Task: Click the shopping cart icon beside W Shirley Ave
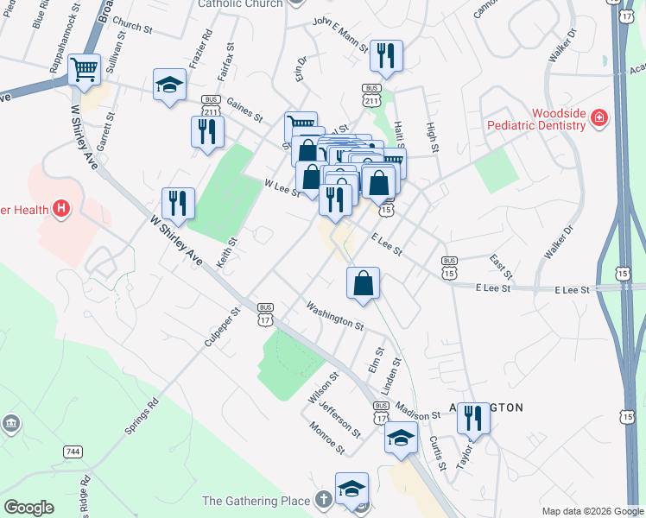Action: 84,69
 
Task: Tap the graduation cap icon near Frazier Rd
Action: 169,85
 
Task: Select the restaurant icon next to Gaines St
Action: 207,131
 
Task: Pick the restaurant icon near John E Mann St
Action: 385,56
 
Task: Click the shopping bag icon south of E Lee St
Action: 364,282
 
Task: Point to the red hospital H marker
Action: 60,208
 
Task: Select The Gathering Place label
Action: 256,501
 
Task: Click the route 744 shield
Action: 73,452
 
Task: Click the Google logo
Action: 28,508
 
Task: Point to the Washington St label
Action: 335,314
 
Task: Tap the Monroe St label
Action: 327,439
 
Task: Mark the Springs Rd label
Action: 143,415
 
